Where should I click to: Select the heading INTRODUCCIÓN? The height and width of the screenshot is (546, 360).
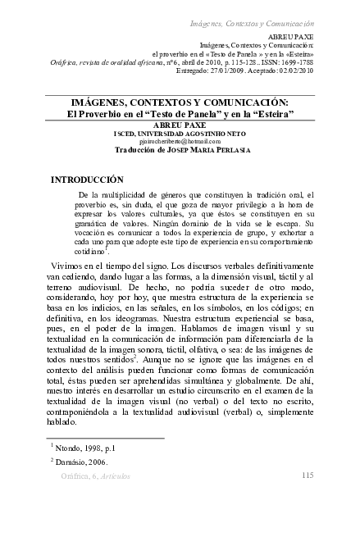(x=87, y=179)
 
